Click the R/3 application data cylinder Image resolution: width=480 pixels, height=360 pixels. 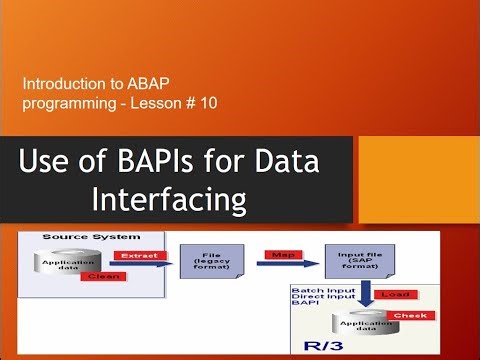pyautogui.click(x=369, y=328)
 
